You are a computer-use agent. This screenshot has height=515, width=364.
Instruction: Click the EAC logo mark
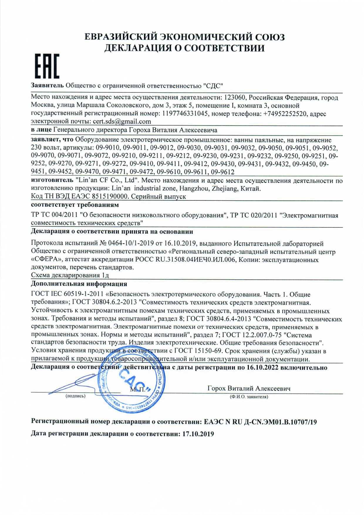tap(47, 66)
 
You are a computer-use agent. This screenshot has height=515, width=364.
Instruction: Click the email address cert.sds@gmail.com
tap(122, 121)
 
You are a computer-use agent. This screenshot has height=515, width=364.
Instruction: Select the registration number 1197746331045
tap(184, 114)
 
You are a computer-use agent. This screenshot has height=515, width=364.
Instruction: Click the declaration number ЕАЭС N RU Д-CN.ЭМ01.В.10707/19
tap(260, 422)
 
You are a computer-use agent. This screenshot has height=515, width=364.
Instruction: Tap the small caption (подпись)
tap(76, 396)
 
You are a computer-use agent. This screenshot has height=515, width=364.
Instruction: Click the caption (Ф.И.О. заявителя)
tap(249, 397)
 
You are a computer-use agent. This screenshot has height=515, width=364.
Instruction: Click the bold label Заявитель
tap(47, 86)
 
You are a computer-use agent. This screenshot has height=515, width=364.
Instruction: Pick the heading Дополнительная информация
tap(79, 284)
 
